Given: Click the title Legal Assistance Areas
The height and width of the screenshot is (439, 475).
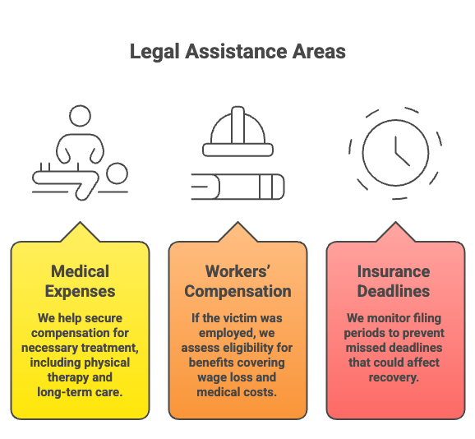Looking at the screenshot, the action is pyautogui.click(x=237, y=52).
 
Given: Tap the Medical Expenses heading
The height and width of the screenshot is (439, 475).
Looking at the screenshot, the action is pyautogui.click(x=80, y=281).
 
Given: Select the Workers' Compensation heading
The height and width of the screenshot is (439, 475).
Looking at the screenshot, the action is pyautogui.click(x=237, y=281).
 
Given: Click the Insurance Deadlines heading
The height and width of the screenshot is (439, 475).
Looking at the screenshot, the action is pyautogui.click(x=394, y=281).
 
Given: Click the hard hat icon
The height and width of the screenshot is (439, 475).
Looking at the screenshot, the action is pyautogui.click(x=237, y=132).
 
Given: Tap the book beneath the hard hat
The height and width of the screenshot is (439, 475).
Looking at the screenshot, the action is pyautogui.click(x=237, y=187).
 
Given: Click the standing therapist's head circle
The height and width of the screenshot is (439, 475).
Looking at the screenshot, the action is pyautogui.click(x=80, y=116).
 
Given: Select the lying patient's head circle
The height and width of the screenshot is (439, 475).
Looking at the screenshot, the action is pyautogui.click(x=117, y=173).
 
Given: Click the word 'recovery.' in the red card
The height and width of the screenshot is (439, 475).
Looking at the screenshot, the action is pyautogui.click(x=394, y=377).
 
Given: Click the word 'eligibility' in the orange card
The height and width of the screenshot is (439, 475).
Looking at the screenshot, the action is pyautogui.click(x=243, y=348).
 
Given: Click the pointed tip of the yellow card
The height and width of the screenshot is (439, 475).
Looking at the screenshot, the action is pyautogui.click(x=80, y=222).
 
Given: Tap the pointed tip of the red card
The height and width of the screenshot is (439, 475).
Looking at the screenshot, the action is pyautogui.click(x=395, y=222).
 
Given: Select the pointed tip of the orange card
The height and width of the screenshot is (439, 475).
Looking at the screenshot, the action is pyautogui.click(x=237, y=222).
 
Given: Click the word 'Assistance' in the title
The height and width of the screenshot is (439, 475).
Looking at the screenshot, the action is pyautogui.click(x=236, y=52).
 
